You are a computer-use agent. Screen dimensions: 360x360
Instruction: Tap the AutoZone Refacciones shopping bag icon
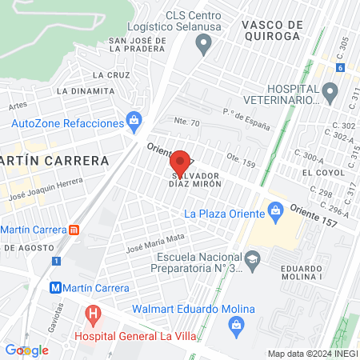pyautogui.click(x=134, y=122)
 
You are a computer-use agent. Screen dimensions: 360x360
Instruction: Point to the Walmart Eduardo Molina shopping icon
pyautogui.click(x=236, y=324)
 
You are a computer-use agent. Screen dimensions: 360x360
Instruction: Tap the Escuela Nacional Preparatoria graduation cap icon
pyautogui.click(x=253, y=258)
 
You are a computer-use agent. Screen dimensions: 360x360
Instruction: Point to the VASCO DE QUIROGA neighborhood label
pyautogui.click(x=272, y=30)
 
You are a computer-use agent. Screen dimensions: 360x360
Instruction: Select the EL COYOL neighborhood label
pyautogui.click(x=317, y=172)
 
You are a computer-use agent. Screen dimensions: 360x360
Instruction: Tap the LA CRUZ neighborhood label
pyautogui.click(x=111, y=74)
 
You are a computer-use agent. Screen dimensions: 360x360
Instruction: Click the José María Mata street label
pyautogui.click(x=155, y=242)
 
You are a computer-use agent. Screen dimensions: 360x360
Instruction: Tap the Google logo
pyautogui.click(x=27, y=350)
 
